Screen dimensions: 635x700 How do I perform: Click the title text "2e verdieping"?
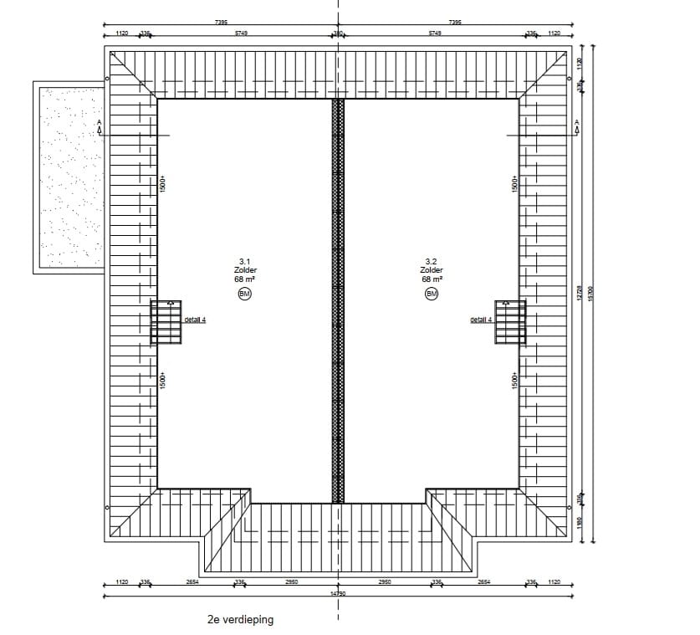240,621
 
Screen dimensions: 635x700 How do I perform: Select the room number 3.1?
245,261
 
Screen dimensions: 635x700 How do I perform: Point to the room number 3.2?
432,261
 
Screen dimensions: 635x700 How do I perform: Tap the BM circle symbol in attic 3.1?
245,293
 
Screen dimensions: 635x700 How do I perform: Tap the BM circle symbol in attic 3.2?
432,293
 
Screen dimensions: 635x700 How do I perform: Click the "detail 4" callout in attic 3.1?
195,320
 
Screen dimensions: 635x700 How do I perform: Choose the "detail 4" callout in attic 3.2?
481,320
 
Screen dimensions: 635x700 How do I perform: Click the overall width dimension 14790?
338,593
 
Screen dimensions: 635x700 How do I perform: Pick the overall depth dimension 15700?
591,293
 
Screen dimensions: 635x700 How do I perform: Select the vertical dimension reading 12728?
579,293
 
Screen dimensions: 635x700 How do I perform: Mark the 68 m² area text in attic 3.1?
245,279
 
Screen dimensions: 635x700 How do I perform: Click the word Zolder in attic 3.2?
432,270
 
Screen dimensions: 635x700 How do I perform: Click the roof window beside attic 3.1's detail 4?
166,321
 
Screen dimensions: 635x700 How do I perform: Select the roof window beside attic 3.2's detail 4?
509,321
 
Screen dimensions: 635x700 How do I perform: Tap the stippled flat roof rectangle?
68,177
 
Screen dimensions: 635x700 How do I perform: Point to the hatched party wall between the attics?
338,301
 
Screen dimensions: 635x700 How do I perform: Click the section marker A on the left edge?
100,125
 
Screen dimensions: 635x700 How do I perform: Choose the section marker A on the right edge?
576,125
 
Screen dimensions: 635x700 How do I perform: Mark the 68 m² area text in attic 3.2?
432,279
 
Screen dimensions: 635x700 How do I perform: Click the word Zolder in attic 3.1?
245,270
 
